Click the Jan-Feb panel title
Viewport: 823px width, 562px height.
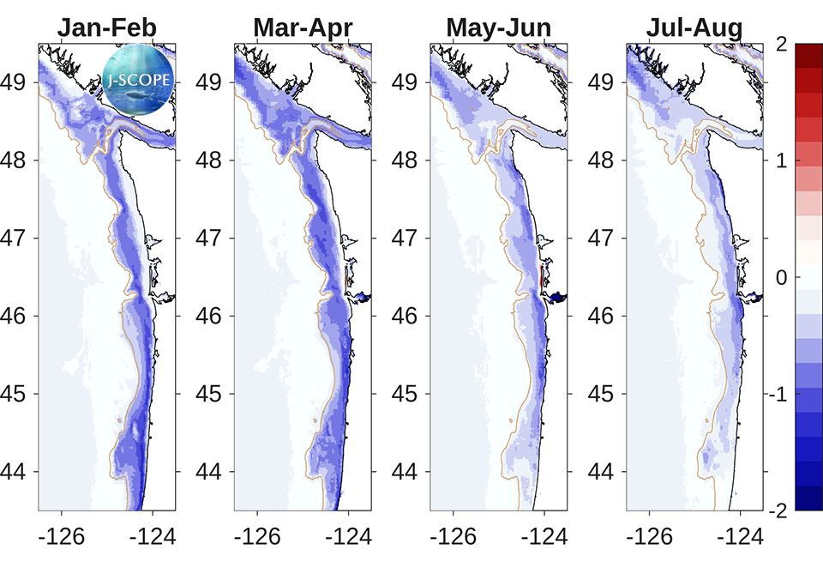[106, 28]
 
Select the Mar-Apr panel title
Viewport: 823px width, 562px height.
[303, 28]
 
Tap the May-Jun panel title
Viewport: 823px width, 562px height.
[498, 28]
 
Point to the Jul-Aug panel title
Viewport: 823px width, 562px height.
[694, 28]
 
